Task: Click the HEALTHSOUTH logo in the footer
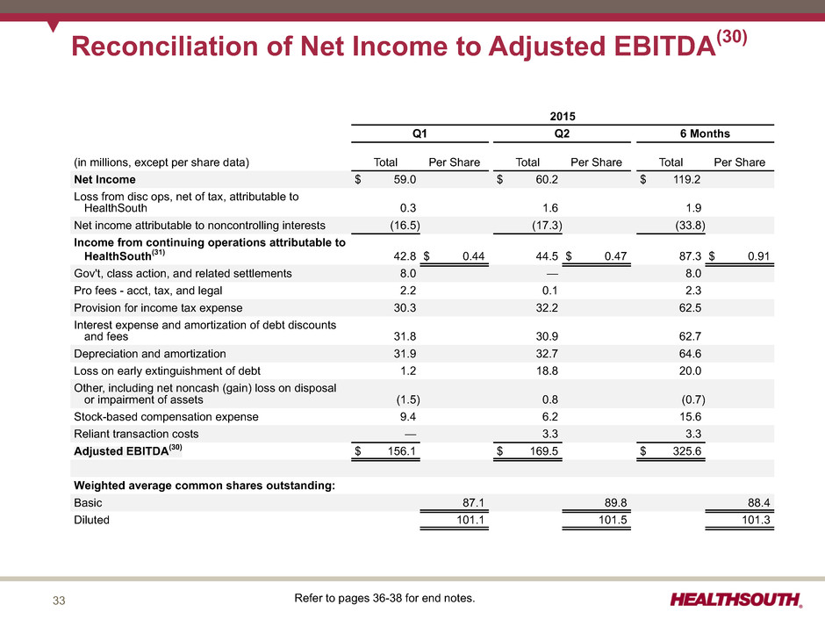pos(736,600)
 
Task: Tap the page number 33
pos(59,601)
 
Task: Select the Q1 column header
pos(420,133)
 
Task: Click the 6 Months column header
pos(705,133)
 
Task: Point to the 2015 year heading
pos(563,116)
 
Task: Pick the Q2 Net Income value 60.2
pos(547,179)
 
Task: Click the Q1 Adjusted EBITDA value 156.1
pos(401,451)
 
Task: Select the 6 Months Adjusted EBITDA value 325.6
pos(686,451)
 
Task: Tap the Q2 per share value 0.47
pos(615,256)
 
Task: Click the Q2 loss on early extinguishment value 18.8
pos(547,371)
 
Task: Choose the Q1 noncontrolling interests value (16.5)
pos(405,226)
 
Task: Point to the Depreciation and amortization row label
pos(150,354)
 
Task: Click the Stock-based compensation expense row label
pos(166,417)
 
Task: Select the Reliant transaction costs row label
pos(136,435)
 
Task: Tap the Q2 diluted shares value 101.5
pos(613,520)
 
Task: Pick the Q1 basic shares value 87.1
pos(473,503)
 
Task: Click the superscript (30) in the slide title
pos(732,36)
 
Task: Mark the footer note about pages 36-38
pos(384,598)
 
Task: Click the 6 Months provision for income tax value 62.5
pos(690,308)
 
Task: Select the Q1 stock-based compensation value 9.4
pos(408,417)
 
